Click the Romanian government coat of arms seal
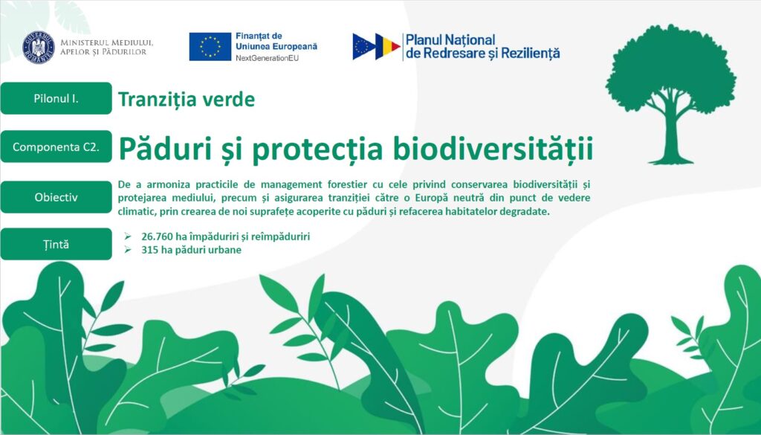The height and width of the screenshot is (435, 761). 39,47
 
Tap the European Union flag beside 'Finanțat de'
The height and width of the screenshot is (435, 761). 210,47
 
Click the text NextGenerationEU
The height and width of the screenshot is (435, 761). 267,58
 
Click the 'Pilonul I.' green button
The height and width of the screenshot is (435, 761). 56,99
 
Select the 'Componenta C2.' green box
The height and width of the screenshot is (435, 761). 56,146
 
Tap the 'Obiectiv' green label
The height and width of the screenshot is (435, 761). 56,197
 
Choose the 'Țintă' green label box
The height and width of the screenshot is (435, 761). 56,244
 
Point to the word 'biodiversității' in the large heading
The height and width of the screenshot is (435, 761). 493,149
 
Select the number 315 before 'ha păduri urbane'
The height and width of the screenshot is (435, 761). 149,250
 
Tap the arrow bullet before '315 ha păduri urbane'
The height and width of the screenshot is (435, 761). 128,250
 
